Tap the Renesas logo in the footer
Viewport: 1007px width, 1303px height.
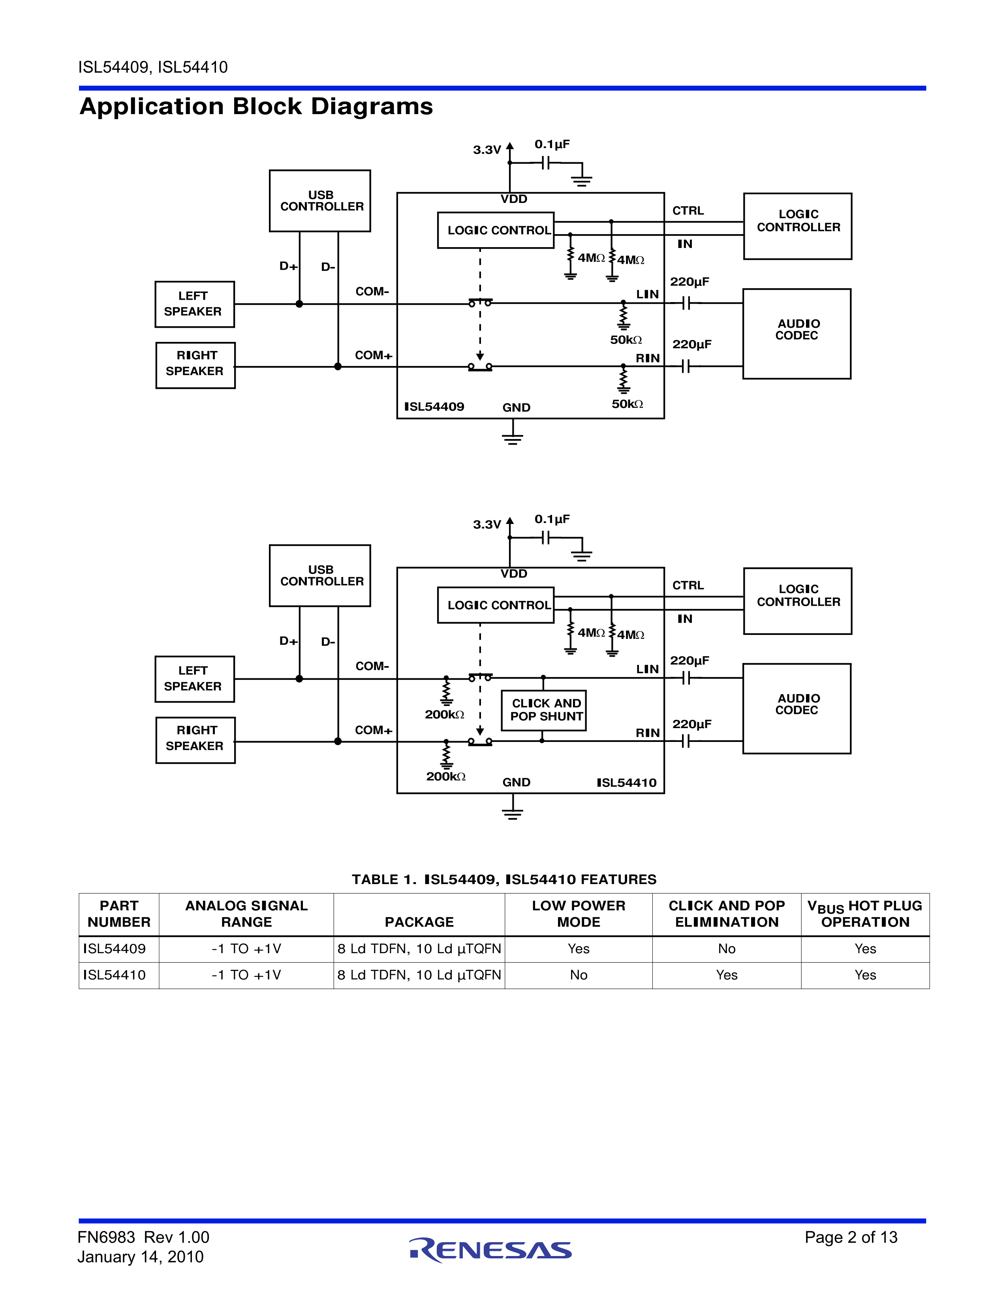point(490,1250)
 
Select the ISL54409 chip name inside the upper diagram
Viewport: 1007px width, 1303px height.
point(434,407)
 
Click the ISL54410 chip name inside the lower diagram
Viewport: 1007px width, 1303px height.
point(626,783)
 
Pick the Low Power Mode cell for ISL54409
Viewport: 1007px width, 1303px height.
point(578,948)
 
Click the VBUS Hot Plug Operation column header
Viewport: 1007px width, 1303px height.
point(864,914)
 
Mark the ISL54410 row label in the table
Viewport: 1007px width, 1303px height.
point(115,975)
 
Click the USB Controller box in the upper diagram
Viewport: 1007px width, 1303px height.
point(320,201)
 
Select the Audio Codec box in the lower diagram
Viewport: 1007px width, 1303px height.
point(797,708)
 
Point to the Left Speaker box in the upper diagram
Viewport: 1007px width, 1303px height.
point(194,304)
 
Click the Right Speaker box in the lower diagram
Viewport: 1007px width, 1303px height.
point(195,740)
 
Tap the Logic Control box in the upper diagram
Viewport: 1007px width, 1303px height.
point(496,230)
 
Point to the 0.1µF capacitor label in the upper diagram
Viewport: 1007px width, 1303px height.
point(552,145)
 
